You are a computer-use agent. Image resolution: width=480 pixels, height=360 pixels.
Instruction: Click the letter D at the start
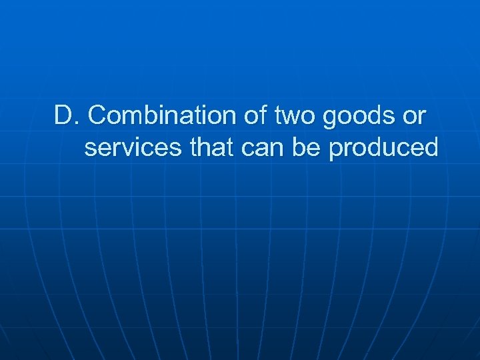[x=62, y=116]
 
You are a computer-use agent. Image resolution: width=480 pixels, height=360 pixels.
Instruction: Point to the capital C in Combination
[x=97, y=116]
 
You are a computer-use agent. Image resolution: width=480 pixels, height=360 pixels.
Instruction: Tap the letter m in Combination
[x=129, y=117]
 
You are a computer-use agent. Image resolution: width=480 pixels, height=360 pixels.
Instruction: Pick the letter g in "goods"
[x=329, y=119]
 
